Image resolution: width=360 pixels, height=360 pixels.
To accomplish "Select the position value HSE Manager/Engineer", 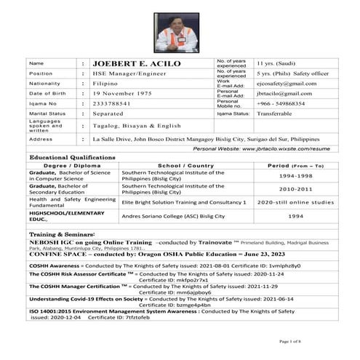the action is tap(129, 74).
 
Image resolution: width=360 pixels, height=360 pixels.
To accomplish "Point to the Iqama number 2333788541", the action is tap(116, 103).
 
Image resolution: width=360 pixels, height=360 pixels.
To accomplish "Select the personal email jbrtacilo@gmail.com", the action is tap(284, 93).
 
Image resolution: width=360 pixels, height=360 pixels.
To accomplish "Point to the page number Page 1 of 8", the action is tap(290, 341).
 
